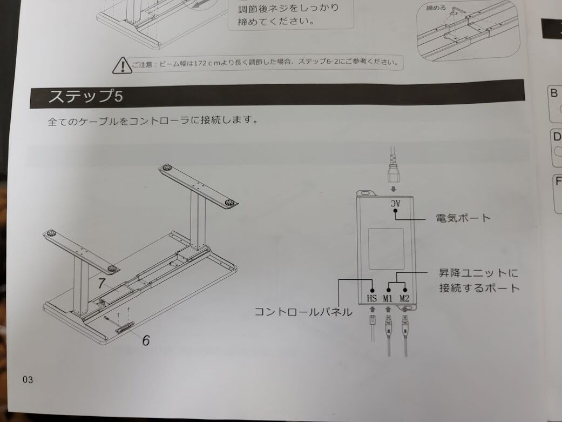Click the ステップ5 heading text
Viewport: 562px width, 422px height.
click(85, 96)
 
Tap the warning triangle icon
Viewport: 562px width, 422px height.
click(122, 66)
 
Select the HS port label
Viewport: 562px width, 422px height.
click(371, 298)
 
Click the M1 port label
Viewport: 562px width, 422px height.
click(388, 298)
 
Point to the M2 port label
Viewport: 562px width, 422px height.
click(404, 298)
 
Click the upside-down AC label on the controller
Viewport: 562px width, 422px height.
click(395, 203)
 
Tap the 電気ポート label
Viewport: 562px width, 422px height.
click(463, 218)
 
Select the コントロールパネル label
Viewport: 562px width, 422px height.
click(303, 311)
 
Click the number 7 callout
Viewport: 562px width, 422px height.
click(101, 284)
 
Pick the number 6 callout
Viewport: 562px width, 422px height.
click(146, 340)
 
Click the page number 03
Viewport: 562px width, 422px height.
click(28, 379)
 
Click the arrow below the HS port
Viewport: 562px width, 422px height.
click(372, 309)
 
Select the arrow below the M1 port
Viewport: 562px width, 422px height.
click(388, 309)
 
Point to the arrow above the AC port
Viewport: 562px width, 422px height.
click(394, 189)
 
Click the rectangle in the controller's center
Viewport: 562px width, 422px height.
click(386, 249)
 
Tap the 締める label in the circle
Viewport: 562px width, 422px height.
click(436, 8)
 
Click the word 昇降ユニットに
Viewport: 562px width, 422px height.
click(479, 273)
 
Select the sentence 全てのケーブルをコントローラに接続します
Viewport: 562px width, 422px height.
click(153, 120)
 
